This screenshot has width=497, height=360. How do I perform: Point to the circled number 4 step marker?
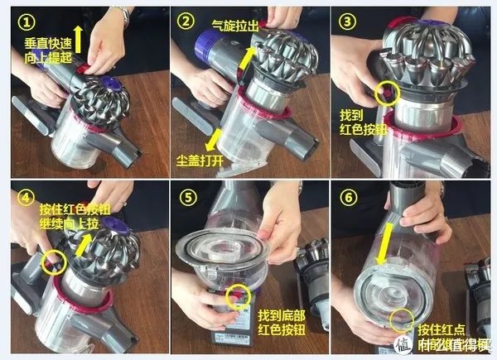27,197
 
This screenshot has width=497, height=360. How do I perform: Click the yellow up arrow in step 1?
79,36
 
